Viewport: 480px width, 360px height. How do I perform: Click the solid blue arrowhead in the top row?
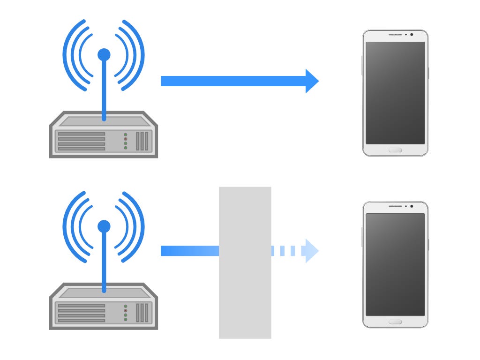[311, 81]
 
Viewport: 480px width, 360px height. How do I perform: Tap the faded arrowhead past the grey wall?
[311, 251]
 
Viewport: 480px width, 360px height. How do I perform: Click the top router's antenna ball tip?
[104, 55]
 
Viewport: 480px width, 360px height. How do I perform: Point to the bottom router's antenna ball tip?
[104, 227]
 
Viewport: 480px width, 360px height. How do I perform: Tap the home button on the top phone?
[395, 150]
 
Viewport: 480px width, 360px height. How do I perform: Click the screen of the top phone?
[395, 93]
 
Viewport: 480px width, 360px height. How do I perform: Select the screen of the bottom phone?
[395, 264]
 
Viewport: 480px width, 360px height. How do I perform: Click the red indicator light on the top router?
[126, 139]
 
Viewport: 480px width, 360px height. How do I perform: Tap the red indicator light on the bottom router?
[126, 311]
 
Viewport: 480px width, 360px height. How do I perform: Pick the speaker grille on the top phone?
[395, 35]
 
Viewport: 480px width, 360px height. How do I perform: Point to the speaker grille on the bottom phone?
[395, 206]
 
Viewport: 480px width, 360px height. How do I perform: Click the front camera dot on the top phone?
[412, 35]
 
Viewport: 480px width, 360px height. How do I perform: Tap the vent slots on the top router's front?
[142, 141]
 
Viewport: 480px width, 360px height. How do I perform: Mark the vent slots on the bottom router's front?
[142, 313]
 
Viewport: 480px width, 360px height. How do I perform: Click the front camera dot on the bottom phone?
[412, 206]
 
